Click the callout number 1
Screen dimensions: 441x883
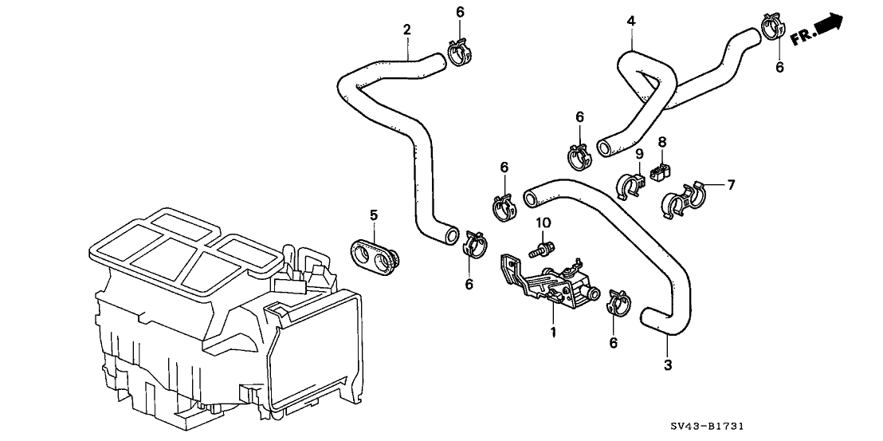point(551,329)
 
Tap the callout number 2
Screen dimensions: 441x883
point(407,30)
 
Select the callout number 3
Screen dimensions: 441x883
point(668,365)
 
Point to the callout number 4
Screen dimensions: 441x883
point(631,22)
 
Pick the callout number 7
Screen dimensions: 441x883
point(730,184)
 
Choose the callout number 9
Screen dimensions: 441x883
point(638,154)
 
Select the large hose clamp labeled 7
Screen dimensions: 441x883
point(683,199)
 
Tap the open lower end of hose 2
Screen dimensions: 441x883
point(453,234)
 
